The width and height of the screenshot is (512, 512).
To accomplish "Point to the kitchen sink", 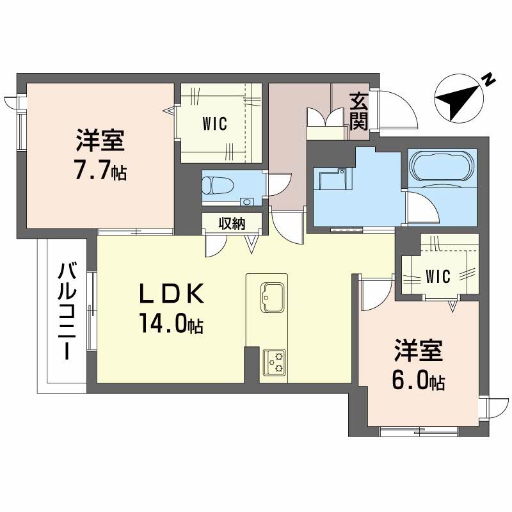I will tap(273, 294).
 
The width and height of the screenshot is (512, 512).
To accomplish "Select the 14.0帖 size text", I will tap(170, 324).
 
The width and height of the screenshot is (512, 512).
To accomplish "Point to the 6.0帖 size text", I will tap(418, 381).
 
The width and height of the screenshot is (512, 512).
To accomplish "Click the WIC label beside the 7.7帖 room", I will tap(215, 124).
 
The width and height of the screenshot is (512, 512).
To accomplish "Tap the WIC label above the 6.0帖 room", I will tap(438, 276).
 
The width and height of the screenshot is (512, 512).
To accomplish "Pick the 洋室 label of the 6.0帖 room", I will tap(418, 352).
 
